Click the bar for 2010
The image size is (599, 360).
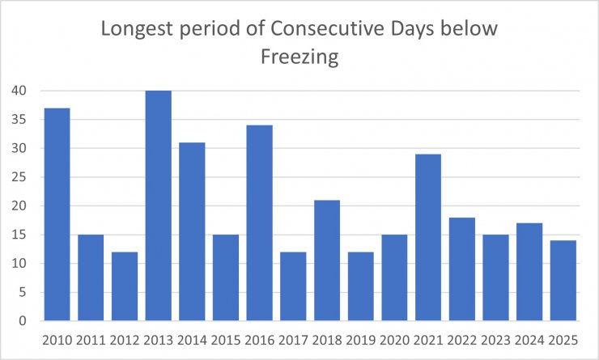[x=57, y=214]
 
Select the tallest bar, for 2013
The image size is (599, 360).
[x=158, y=205]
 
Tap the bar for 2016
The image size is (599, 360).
[x=259, y=223]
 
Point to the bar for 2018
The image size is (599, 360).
[x=326, y=260]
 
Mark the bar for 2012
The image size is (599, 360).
[x=124, y=286]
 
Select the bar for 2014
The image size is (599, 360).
[x=192, y=231]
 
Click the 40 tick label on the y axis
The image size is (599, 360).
[x=18, y=91]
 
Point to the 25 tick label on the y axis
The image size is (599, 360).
[x=18, y=177]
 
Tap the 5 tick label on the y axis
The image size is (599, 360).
[x=22, y=292]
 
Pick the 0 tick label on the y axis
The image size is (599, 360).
[x=22, y=321]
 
